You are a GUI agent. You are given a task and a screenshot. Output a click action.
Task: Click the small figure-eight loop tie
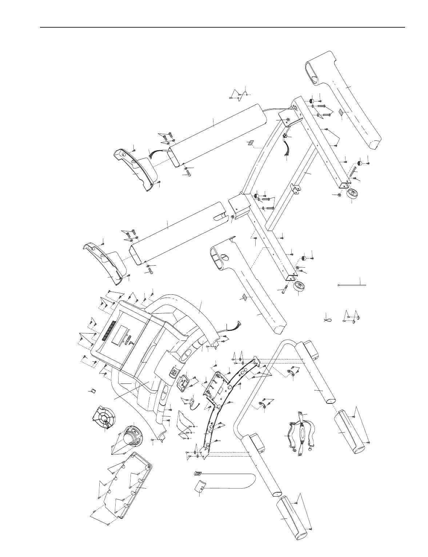328,319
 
